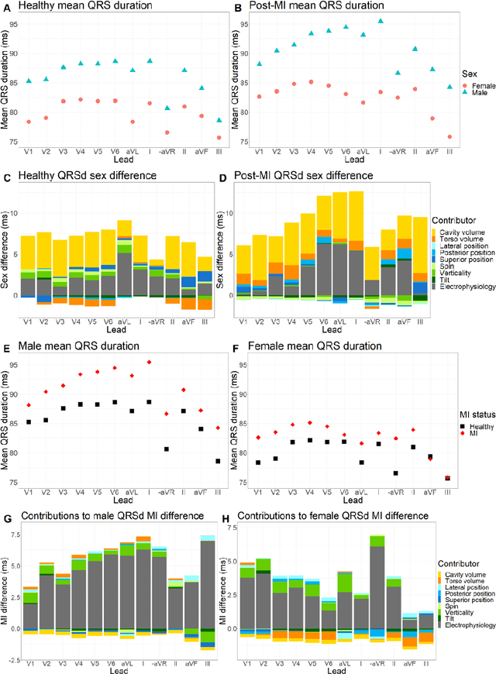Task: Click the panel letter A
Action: pos(7,8)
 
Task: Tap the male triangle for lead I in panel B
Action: pos(381,22)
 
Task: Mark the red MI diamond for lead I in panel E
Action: pos(149,362)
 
